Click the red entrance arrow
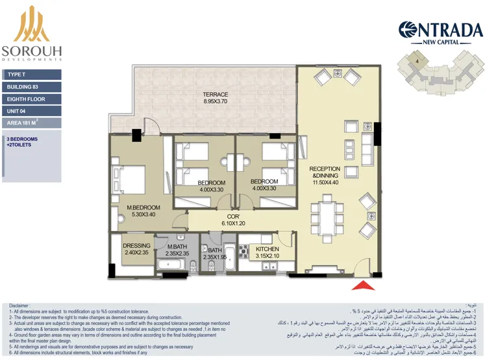point(363,285)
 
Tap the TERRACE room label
point(215,95)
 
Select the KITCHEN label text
point(267,248)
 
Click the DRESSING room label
point(136,246)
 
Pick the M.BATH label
point(177,246)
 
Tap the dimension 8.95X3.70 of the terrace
point(216,102)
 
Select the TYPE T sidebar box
point(31,75)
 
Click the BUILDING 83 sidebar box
point(31,86)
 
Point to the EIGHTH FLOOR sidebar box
point(31,99)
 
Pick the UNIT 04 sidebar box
point(31,110)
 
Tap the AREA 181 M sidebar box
point(31,122)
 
